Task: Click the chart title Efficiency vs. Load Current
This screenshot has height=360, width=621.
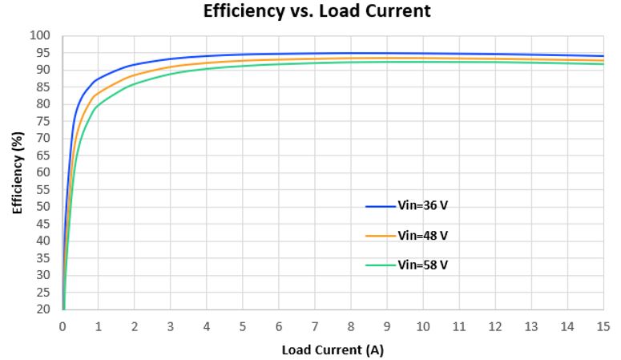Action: pos(317,11)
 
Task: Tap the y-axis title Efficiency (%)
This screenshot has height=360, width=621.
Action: pos(17,172)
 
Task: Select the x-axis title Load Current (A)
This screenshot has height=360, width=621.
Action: pos(333,350)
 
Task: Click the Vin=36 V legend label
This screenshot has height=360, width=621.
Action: pos(422,206)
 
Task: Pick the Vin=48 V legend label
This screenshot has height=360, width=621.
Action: pos(422,236)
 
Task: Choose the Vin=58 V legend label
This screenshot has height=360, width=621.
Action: pos(422,265)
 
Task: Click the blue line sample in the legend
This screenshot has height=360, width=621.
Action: pos(381,206)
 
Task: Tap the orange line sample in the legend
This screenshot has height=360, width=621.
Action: pos(381,236)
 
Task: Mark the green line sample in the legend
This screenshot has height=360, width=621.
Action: pos(381,265)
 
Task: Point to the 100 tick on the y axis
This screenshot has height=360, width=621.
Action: pos(41,36)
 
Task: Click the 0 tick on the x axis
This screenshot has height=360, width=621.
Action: pos(63,326)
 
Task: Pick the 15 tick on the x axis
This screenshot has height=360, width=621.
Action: pos(603,326)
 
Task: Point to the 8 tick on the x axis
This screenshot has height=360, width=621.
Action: pos(351,326)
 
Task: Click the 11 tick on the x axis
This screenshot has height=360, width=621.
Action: pos(459,326)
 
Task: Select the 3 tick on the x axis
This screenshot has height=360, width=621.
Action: pos(171,326)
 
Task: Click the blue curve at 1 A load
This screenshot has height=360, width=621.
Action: pos(99,79)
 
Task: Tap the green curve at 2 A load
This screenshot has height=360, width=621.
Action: pos(135,83)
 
